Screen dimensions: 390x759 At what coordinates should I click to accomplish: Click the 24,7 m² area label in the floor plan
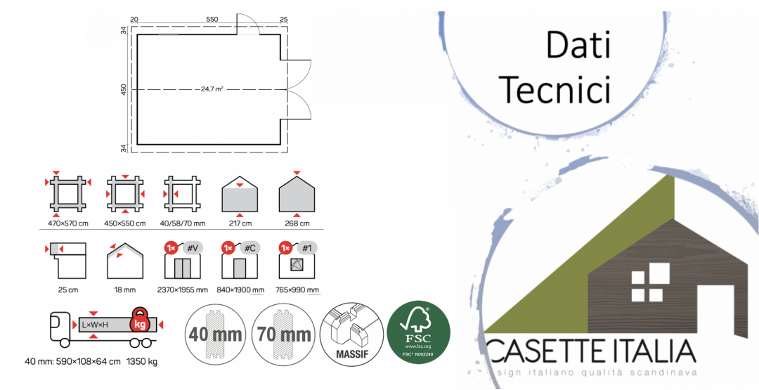[x=212, y=89]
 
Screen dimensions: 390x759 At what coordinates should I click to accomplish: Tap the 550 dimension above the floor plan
[x=211, y=18]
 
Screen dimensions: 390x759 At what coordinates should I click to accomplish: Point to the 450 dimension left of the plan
[x=124, y=90]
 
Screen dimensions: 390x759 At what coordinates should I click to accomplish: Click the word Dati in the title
[x=578, y=46]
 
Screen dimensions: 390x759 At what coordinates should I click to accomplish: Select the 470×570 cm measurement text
[x=68, y=223]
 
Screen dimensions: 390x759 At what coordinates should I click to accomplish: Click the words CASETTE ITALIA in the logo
[x=590, y=351]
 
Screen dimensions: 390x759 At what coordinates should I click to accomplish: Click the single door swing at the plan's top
[x=248, y=24]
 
